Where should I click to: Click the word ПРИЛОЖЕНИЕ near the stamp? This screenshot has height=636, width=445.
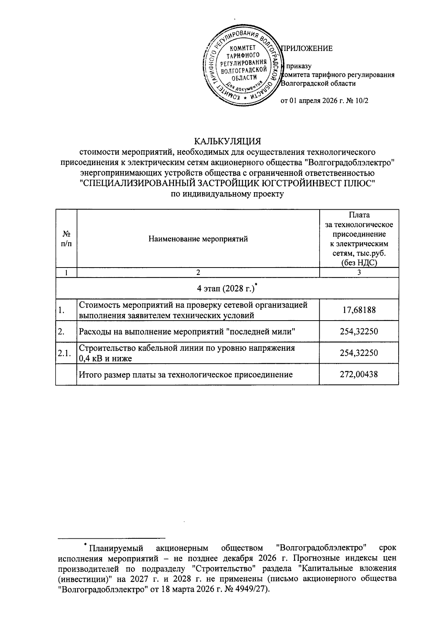pyautogui.click(x=307, y=48)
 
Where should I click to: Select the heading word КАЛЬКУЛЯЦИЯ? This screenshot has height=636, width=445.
pyautogui.click(x=228, y=142)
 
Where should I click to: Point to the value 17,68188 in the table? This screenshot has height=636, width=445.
pyautogui.click(x=359, y=310)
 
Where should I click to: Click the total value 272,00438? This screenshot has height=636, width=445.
pyautogui.click(x=359, y=374)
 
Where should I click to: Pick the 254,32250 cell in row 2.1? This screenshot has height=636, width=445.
pyautogui.click(x=359, y=353)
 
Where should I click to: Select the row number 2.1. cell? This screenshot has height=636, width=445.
pyautogui.click(x=66, y=353)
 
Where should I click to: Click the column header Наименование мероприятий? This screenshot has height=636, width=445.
pyautogui.click(x=198, y=239)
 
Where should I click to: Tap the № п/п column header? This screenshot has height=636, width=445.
pyautogui.click(x=66, y=239)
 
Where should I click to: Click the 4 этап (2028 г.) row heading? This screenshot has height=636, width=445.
pyautogui.click(x=227, y=288)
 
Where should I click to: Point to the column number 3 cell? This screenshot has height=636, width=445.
pyautogui.click(x=359, y=272)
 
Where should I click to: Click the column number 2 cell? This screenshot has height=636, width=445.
pyautogui.click(x=198, y=272)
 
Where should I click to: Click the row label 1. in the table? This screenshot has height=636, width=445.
pyautogui.click(x=62, y=310)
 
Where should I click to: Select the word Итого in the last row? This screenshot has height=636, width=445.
pyautogui.click(x=89, y=374)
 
